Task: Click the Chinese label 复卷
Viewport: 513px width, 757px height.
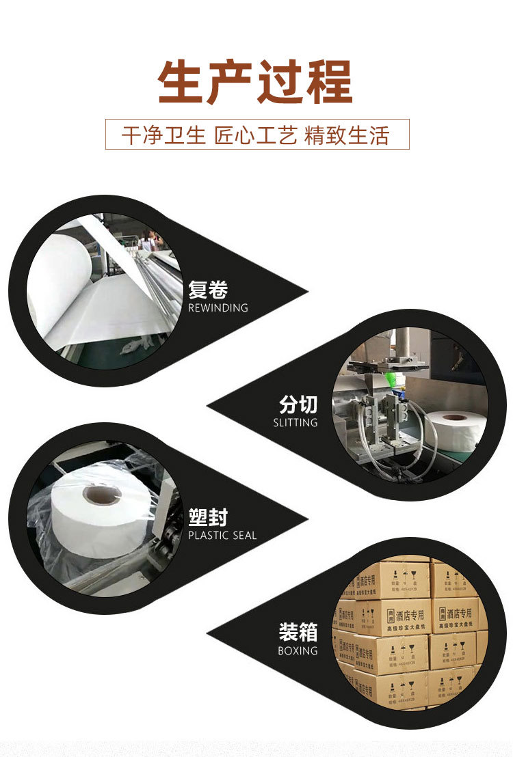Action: point(208,290)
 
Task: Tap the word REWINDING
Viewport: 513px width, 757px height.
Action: point(218,308)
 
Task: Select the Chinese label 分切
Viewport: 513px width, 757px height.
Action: point(298,404)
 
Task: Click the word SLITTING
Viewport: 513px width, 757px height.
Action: point(295,423)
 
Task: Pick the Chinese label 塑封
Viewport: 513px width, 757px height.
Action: point(208,517)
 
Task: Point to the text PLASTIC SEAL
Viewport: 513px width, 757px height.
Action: point(222,536)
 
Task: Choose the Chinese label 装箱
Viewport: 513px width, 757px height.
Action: point(298,632)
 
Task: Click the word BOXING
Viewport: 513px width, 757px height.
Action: point(298,650)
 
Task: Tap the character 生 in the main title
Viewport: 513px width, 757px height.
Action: point(180,83)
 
